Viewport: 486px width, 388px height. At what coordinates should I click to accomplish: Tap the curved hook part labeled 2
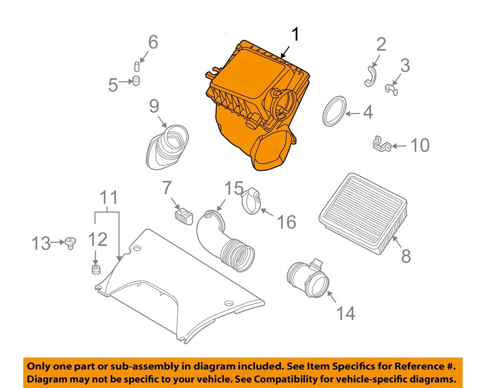(x=371, y=76)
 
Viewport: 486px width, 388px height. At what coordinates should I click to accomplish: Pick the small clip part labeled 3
(x=391, y=90)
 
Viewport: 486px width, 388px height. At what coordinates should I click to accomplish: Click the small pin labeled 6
(x=137, y=67)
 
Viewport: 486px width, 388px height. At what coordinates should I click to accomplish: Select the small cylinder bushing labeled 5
(x=136, y=81)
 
